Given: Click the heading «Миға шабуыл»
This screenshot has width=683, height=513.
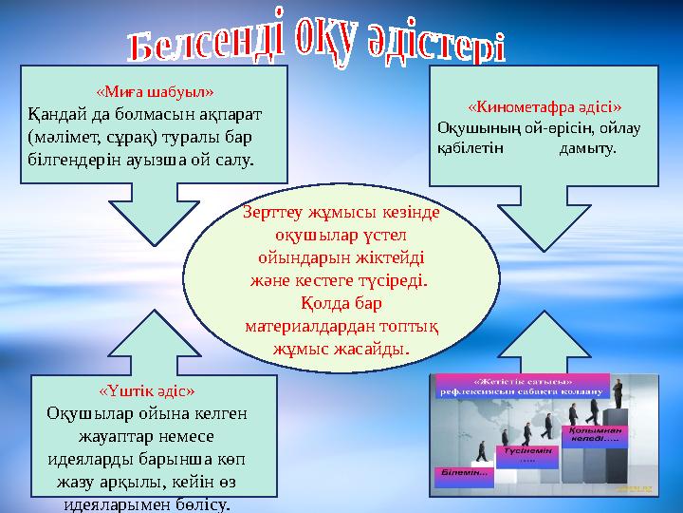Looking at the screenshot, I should (x=155, y=92).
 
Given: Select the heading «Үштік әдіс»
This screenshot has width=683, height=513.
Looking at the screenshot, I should (x=147, y=390).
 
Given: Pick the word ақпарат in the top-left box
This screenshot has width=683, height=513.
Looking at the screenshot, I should (x=226, y=112).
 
